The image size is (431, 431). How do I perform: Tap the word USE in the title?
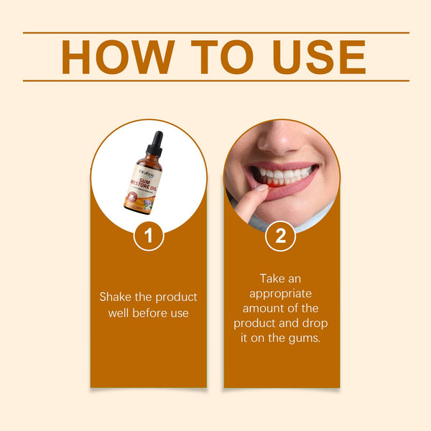(320, 57)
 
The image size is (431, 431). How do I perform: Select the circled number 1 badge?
(149, 236)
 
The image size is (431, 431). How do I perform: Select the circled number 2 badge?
(280, 236)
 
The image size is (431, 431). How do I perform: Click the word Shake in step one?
(115, 297)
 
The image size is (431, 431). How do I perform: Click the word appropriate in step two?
(281, 292)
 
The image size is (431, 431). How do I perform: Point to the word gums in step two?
(305, 338)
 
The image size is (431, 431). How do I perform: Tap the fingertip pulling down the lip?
(253, 195)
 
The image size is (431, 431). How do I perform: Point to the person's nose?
(281, 139)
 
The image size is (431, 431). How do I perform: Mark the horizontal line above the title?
(215, 32)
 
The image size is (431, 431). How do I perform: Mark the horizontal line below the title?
(215, 80)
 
